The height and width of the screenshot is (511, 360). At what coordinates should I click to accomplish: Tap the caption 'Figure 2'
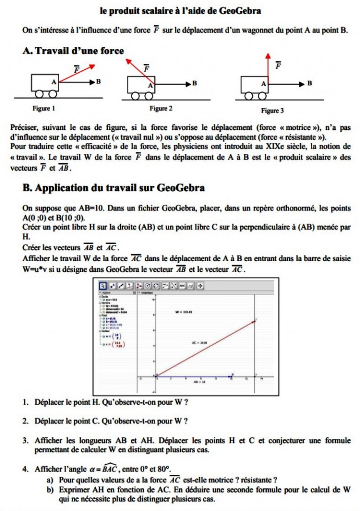click(x=161, y=109)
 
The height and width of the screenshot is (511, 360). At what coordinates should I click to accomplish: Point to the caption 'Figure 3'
click(x=272, y=111)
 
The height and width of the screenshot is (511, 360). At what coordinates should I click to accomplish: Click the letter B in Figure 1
click(x=98, y=82)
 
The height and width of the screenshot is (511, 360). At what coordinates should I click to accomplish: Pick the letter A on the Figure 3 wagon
click(x=263, y=84)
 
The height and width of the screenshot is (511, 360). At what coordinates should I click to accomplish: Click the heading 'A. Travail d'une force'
click(x=73, y=51)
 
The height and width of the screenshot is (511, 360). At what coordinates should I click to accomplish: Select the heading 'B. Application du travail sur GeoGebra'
click(x=113, y=188)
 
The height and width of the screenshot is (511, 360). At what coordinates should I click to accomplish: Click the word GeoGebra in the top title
click(x=241, y=10)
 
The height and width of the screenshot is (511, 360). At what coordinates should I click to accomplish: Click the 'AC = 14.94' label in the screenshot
click(x=199, y=343)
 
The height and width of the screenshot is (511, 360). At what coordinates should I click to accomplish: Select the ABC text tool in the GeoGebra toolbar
click(x=182, y=285)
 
